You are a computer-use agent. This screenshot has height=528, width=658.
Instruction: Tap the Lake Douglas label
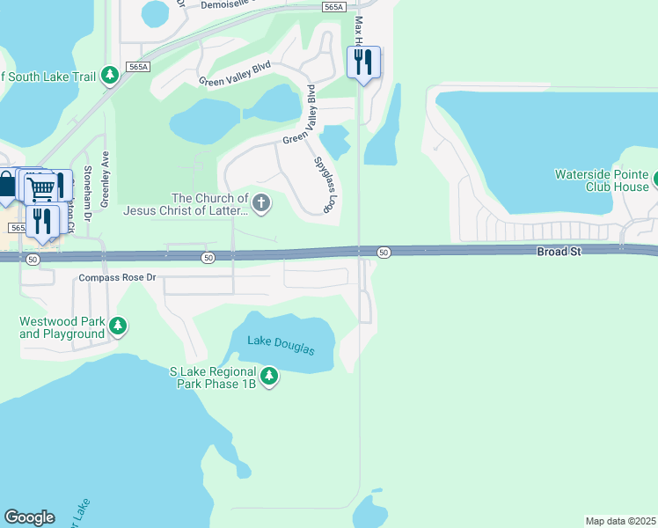[281, 345]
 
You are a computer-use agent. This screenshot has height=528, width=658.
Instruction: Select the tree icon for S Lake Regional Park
[269, 378]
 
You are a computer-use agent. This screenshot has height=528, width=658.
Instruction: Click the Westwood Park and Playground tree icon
[118, 328]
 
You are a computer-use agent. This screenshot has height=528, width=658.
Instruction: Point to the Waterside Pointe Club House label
[601, 180]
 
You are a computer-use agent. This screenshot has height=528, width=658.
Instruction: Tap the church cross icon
[260, 204]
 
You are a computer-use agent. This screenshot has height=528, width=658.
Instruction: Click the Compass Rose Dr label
[116, 278]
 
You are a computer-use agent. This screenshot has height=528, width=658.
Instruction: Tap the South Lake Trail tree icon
[110, 77]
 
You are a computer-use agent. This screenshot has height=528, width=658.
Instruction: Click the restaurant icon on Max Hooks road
[363, 62]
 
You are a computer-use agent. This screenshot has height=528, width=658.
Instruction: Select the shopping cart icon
[40, 187]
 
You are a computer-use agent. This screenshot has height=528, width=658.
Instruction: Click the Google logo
[29, 517]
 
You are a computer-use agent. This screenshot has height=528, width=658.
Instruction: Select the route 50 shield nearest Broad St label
[384, 253]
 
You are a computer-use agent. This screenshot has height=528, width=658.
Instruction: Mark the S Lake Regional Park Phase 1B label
[213, 378]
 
